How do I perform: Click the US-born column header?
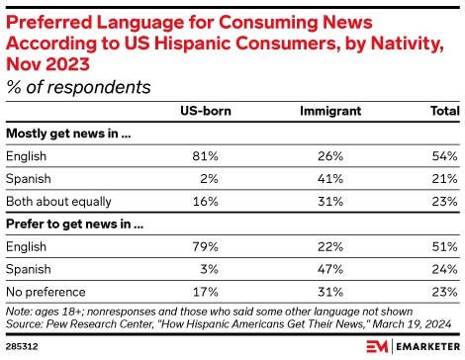pyautogui.click(x=206, y=111)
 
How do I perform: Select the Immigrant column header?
pyautogui.click(x=330, y=112)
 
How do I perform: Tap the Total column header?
pyautogui.click(x=445, y=111)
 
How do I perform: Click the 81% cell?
pyautogui.click(x=205, y=156)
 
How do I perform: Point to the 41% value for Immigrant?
pyautogui.click(x=330, y=179)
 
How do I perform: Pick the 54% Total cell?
pyautogui.click(x=444, y=156)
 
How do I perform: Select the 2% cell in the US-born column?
pyautogui.click(x=209, y=179)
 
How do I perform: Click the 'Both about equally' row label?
pyautogui.click(x=58, y=202)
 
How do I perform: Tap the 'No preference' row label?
pyautogui.click(x=46, y=292)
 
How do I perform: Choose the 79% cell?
pyautogui.click(x=205, y=247)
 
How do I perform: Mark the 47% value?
pyautogui.click(x=330, y=269)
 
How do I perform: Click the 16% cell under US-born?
pyautogui.click(x=205, y=202)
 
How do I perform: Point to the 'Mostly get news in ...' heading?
pyautogui.click(x=68, y=134)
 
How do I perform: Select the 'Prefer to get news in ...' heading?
pyautogui.click(x=75, y=225)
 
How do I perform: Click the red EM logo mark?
pyautogui.click(x=377, y=346)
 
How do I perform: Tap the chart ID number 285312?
pyautogui.click(x=22, y=347)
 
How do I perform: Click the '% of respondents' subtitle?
pyautogui.click(x=78, y=87)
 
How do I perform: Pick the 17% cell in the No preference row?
pyautogui.click(x=205, y=292)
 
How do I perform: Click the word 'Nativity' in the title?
pyautogui.click(x=408, y=44)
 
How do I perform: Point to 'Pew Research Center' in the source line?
pyautogui.click(x=100, y=324)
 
